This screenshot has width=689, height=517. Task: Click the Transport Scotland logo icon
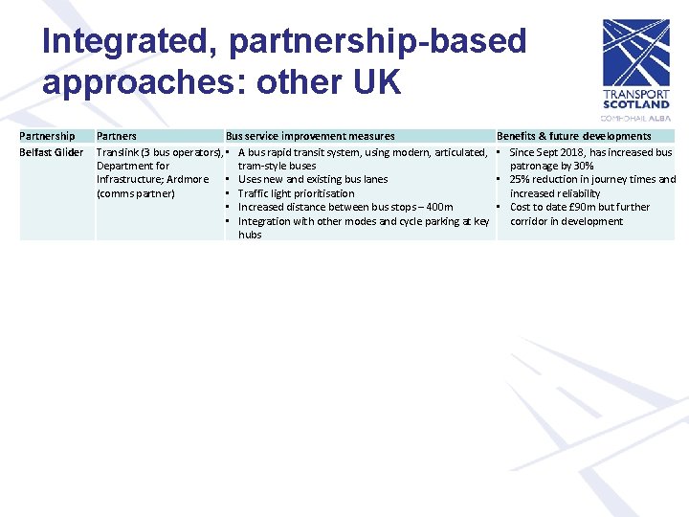(635, 53)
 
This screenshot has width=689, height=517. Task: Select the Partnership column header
(47, 136)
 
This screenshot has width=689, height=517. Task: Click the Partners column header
(117, 136)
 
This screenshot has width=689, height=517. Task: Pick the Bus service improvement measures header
(310, 136)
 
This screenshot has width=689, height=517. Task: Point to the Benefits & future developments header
(573, 136)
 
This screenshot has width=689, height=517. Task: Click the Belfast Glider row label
(51, 152)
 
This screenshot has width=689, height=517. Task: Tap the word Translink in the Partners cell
(118, 152)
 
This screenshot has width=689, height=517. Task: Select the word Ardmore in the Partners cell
(187, 179)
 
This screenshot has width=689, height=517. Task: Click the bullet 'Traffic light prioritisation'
(296, 193)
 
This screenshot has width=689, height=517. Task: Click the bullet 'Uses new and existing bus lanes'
(313, 179)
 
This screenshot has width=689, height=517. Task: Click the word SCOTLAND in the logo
(635, 105)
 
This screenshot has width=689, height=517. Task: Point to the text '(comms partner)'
(136, 193)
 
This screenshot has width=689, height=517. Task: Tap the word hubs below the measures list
(250, 235)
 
